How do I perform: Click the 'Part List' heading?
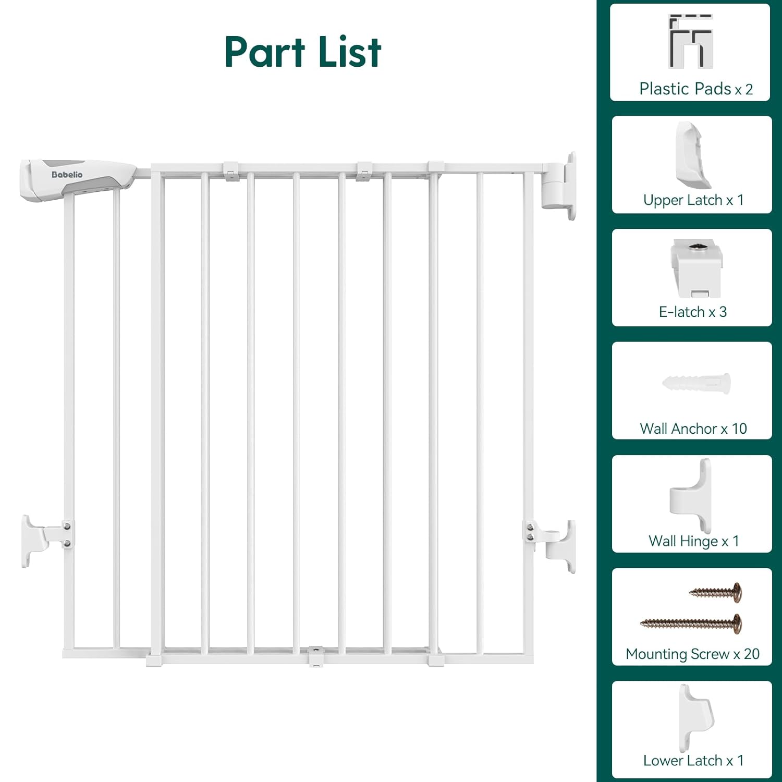point(303,52)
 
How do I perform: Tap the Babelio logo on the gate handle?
point(67,175)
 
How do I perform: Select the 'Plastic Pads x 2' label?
point(696,89)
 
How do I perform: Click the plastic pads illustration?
point(690,41)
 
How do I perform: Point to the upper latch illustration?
point(693,155)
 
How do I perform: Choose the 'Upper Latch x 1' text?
point(693,200)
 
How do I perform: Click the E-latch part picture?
point(697,268)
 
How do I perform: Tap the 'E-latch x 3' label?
point(693,312)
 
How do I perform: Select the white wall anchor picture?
point(697,384)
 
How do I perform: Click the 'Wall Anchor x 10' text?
point(693,429)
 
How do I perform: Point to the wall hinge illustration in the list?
point(690,495)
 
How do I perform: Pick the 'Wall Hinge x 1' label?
point(694,542)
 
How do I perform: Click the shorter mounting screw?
point(715,592)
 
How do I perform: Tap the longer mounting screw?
point(691,624)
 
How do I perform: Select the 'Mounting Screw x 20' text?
point(693,654)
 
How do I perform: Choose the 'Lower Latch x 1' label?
point(693,761)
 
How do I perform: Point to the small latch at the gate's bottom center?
point(316,656)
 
